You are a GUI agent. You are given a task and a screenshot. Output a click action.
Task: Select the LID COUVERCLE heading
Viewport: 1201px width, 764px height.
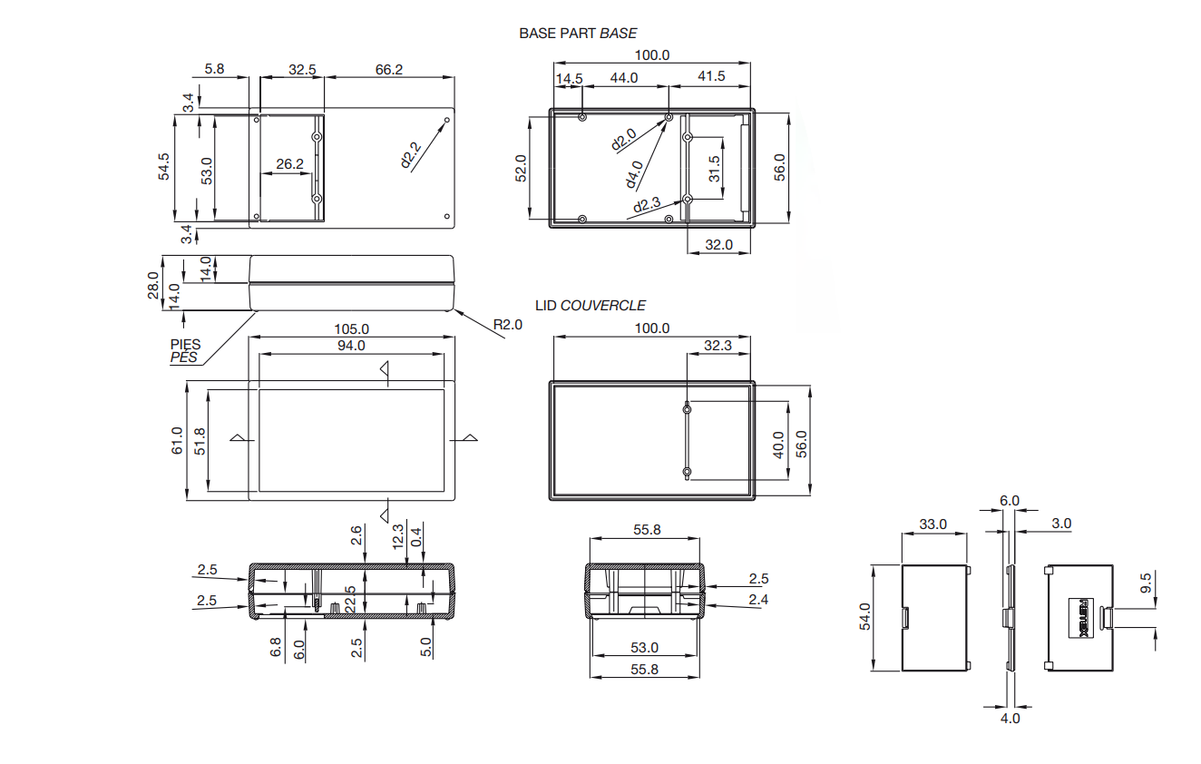(x=591, y=306)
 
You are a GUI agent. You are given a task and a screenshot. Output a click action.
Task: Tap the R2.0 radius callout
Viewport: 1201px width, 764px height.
(x=507, y=324)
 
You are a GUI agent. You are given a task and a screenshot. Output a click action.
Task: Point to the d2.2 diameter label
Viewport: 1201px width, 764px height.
(x=411, y=155)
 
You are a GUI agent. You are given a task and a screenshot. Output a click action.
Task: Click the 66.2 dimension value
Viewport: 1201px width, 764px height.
(x=389, y=70)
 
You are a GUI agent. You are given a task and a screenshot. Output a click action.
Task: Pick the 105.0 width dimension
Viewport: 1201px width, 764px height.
(x=351, y=328)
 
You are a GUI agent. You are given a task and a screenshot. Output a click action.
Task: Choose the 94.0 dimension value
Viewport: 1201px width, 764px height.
(x=351, y=346)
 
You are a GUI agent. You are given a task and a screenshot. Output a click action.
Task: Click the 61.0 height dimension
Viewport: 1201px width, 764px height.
(x=177, y=441)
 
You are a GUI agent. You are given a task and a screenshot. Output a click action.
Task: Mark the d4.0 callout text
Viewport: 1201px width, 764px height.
(x=634, y=174)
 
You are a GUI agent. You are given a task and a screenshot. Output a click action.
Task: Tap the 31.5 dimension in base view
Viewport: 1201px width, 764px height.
(x=714, y=169)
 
